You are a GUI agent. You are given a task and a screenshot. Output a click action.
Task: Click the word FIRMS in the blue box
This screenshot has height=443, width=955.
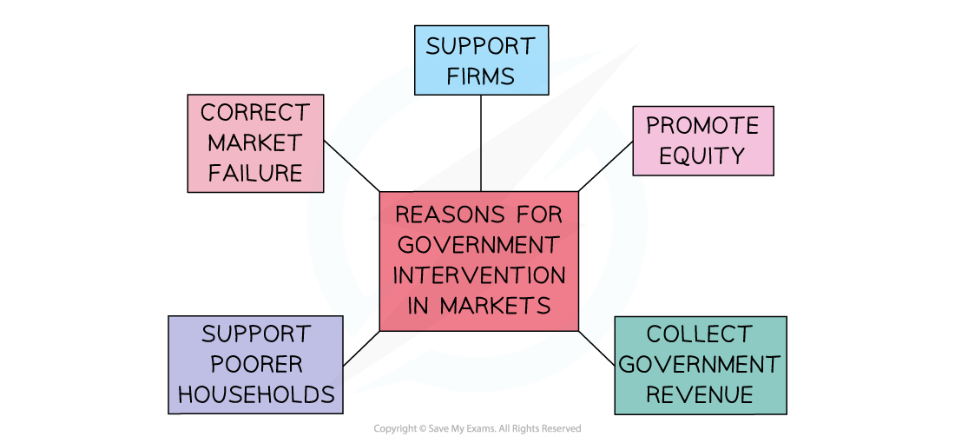(x=480, y=76)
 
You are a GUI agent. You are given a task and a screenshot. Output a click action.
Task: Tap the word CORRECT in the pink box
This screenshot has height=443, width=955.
(x=254, y=113)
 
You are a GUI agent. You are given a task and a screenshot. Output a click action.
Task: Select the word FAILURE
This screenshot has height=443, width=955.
(x=255, y=173)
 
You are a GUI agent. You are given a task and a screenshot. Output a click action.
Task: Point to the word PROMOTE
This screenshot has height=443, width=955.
(x=702, y=126)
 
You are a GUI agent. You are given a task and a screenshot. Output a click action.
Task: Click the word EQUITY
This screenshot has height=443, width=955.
(x=702, y=156)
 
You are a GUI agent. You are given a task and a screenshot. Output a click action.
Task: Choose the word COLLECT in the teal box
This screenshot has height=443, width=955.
(x=699, y=334)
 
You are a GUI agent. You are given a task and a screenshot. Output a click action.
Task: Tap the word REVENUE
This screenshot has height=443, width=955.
(x=700, y=395)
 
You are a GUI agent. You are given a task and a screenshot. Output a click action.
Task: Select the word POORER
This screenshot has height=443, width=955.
(x=255, y=364)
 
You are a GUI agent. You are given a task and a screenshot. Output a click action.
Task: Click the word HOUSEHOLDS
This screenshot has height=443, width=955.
(x=255, y=394)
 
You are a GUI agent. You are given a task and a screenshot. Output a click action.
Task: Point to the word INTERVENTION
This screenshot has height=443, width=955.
(x=478, y=275)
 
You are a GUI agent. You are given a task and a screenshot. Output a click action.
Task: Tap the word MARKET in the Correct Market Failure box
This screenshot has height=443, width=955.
(x=255, y=142)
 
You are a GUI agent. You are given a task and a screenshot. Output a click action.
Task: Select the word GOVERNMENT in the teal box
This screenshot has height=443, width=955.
(x=700, y=365)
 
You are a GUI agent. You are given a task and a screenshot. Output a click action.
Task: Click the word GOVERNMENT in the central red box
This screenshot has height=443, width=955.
(x=478, y=244)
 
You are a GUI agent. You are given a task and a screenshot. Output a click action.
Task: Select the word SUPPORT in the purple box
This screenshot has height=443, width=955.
(x=255, y=334)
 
